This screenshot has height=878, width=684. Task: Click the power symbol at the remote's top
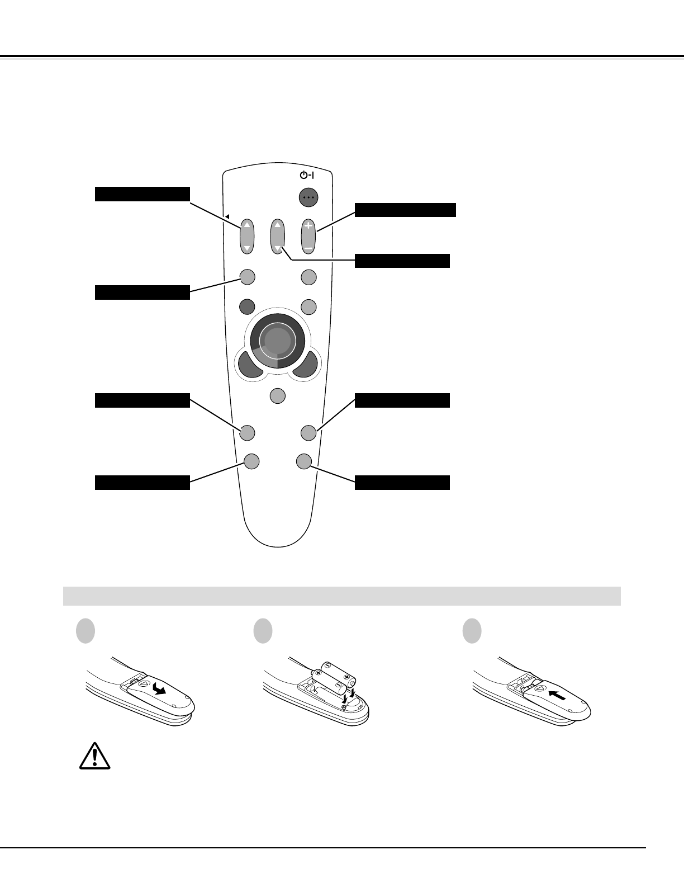307,175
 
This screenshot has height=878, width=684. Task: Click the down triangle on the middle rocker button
278,247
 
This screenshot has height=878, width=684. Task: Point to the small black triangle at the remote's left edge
227,216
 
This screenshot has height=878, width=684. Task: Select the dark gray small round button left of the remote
247,306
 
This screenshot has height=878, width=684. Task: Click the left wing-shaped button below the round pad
251,364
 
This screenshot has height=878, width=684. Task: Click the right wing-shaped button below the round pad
305,364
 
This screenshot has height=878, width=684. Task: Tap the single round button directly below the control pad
277,396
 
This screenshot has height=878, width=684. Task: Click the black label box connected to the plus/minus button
405,210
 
